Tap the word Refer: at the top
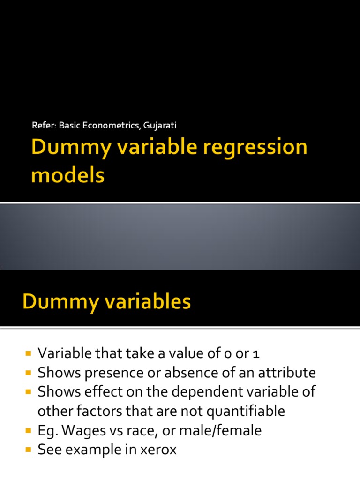pos(44,125)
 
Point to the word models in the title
pos(67,176)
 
